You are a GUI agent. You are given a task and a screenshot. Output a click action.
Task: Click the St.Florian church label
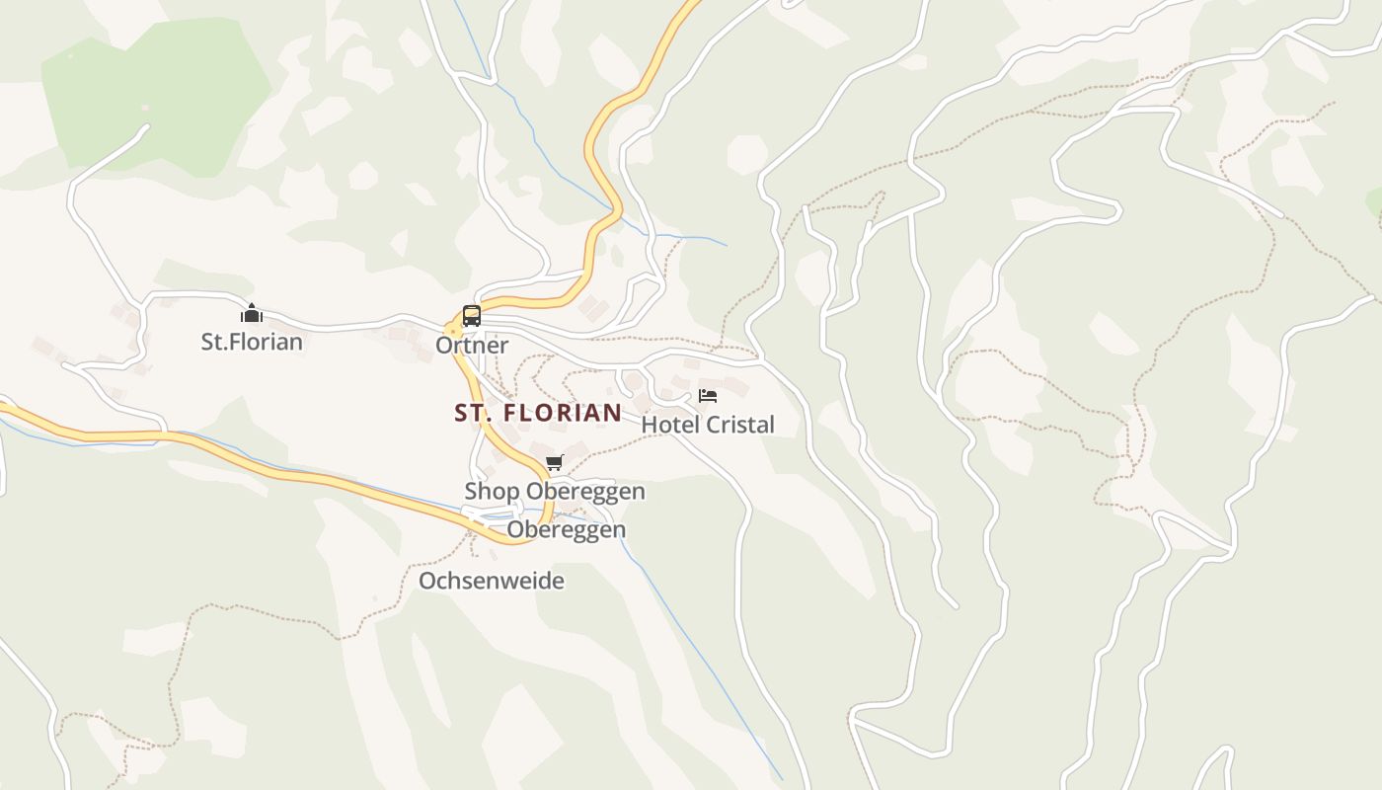[252, 343]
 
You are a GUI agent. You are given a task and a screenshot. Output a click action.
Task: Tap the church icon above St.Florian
[252, 314]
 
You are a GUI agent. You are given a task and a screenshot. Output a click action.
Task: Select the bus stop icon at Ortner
[472, 316]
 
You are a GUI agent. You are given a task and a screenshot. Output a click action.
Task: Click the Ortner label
[472, 346]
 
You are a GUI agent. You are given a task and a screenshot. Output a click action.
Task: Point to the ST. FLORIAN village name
[538, 413]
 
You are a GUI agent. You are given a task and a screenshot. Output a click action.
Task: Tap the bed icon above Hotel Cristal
[708, 396]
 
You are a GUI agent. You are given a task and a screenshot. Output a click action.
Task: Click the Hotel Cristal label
[708, 425]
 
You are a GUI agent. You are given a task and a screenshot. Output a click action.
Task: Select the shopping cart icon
[555, 462]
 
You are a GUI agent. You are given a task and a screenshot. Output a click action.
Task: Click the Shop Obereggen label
[555, 491]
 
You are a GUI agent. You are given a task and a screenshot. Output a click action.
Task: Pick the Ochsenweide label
[492, 581]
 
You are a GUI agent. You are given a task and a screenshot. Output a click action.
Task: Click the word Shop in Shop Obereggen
[492, 491]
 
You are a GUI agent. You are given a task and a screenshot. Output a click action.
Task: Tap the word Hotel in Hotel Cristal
[667, 425]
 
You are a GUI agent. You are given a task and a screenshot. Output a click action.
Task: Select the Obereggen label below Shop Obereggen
[566, 530]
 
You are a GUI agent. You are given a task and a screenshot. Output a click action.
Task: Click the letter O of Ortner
[443, 346]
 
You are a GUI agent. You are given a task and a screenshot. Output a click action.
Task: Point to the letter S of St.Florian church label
[207, 343]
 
